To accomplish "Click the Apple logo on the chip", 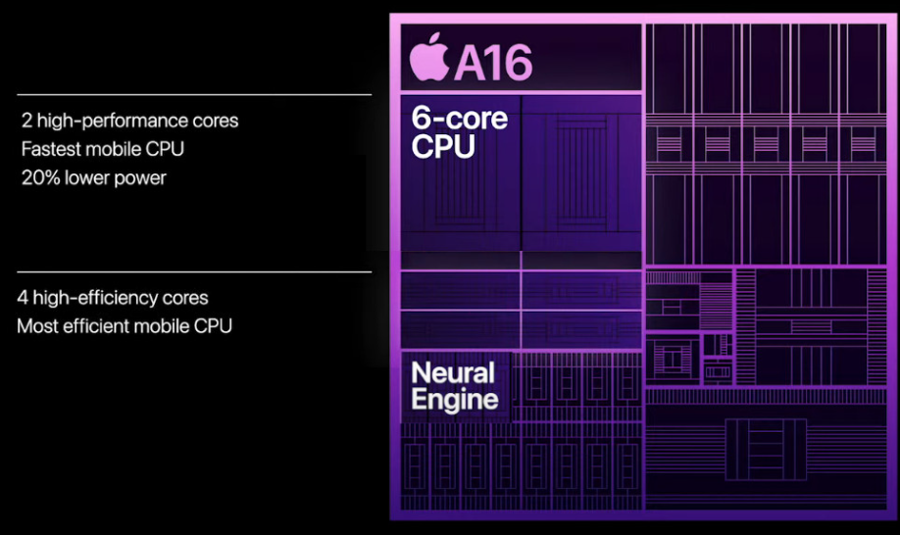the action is (x=427, y=59).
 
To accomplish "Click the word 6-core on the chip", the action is (x=460, y=120).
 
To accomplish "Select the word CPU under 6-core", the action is (x=443, y=147).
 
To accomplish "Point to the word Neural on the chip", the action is (x=452, y=372).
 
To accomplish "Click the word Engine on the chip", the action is (x=455, y=399).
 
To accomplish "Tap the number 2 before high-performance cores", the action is (x=26, y=122).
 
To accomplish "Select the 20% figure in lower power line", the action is (x=40, y=178).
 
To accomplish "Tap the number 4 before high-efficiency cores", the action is (x=23, y=298).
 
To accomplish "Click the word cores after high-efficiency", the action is (x=183, y=298).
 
